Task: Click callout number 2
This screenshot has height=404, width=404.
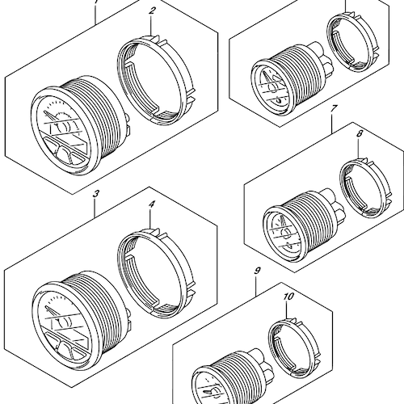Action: pyautogui.click(x=152, y=11)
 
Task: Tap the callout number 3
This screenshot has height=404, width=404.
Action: pyautogui.click(x=96, y=194)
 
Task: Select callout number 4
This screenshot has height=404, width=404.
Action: pyautogui.click(x=152, y=205)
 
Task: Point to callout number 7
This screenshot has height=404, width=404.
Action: pyautogui.click(x=333, y=109)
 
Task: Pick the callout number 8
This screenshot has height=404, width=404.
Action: pyautogui.click(x=360, y=134)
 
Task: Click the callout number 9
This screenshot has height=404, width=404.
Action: pyautogui.click(x=257, y=271)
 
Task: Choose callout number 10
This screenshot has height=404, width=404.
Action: pyautogui.click(x=288, y=297)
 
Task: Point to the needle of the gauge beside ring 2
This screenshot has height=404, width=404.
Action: pyautogui.click(x=50, y=116)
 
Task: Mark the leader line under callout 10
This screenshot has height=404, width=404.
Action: pyautogui.click(x=287, y=310)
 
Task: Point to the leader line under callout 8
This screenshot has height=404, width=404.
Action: pyautogui.click(x=359, y=149)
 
